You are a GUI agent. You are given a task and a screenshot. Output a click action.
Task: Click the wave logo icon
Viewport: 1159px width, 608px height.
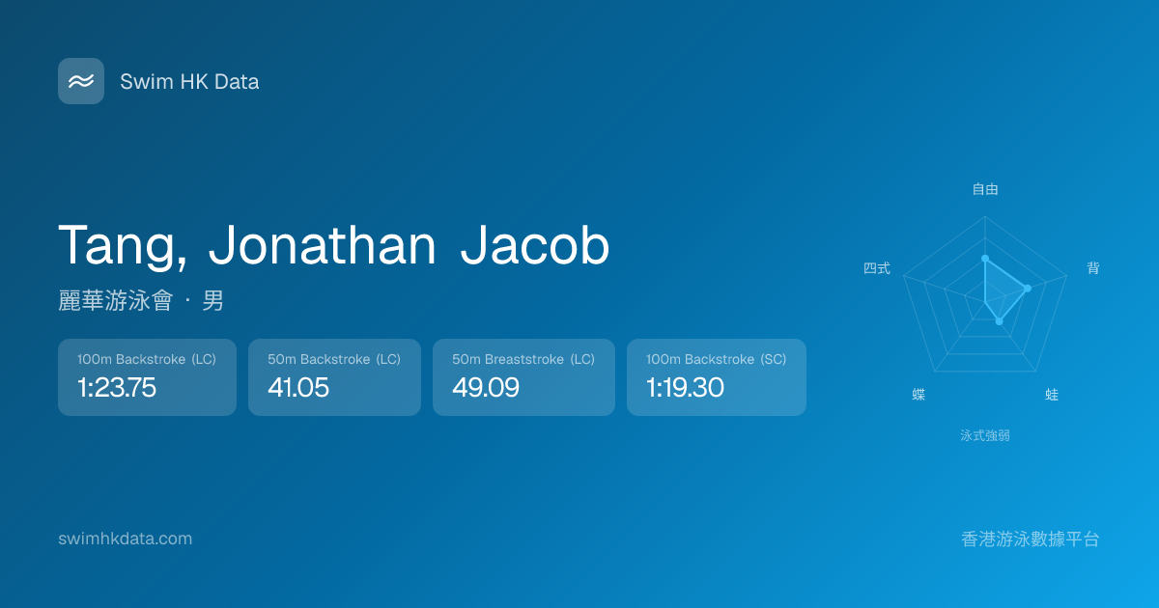point(81,81)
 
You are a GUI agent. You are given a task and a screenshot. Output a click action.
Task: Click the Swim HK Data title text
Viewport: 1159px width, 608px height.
point(189,82)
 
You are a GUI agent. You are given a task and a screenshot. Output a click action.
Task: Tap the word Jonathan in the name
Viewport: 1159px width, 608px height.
point(323,245)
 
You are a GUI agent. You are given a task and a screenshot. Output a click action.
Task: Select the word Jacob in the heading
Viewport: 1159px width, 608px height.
point(534,245)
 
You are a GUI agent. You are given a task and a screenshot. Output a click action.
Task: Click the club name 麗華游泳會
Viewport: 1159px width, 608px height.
point(115,300)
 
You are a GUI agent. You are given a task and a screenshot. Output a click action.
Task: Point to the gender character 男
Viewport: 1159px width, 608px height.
point(212,300)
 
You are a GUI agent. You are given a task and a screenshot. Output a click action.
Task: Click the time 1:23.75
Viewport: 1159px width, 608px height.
point(117,387)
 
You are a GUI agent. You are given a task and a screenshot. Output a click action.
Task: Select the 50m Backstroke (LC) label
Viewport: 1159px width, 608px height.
point(334,359)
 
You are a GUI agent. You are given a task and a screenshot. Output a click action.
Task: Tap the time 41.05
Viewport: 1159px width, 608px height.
point(298,387)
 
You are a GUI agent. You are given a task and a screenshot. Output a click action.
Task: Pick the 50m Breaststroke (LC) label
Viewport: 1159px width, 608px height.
point(523,359)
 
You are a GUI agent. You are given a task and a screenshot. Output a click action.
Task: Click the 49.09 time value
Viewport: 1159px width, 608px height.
point(485,387)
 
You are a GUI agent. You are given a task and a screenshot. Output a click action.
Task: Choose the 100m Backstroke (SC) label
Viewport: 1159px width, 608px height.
point(716,359)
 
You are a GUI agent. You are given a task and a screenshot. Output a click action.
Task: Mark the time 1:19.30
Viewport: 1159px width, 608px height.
point(685,387)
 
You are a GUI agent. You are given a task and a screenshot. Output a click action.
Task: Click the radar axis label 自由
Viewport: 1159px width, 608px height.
point(985,189)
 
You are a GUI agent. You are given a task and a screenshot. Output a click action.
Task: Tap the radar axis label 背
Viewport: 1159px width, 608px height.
point(1092,268)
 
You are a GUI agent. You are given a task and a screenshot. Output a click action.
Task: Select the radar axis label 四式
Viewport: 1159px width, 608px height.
point(877,268)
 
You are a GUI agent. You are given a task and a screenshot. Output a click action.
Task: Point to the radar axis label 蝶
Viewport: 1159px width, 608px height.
point(919,395)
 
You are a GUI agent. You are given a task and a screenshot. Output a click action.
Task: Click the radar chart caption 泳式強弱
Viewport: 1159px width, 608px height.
point(985,436)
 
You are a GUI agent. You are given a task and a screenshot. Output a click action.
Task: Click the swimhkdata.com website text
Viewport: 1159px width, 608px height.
point(126,539)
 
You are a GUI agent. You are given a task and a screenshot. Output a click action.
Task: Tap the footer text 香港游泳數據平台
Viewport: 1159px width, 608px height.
point(1031,539)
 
